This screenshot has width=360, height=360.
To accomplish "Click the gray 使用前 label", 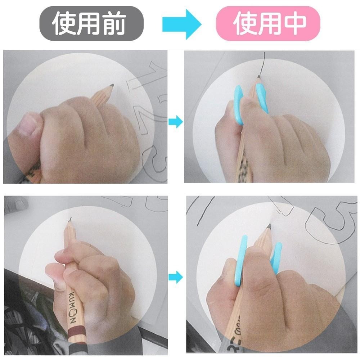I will [x=91, y=23].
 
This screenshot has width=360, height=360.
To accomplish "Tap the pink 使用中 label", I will [x=268, y=23].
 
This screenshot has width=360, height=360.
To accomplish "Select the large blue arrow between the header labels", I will [x=181, y=24].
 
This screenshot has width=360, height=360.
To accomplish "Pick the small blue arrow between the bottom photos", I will [x=176, y=277].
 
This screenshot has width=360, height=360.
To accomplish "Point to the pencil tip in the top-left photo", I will [x=112, y=86].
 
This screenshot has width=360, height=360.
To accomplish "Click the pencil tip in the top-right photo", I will [x=258, y=77].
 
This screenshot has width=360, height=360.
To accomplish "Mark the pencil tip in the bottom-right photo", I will [x=269, y=226].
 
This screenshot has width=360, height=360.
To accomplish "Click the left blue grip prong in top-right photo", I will [x=239, y=104].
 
